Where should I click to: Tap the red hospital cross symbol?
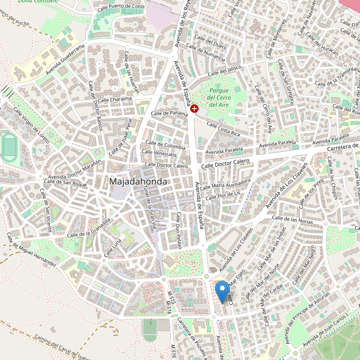click(x=195, y=107)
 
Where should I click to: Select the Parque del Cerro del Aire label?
click(x=218, y=97)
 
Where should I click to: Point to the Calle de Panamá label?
click(x=169, y=113)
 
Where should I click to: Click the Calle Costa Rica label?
click(x=223, y=128)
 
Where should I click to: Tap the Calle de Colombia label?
click(x=165, y=146)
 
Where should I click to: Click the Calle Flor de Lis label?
click(x=223, y=194)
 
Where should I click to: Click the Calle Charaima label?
click(x=115, y=100)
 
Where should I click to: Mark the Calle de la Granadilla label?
click(x=90, y=229)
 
